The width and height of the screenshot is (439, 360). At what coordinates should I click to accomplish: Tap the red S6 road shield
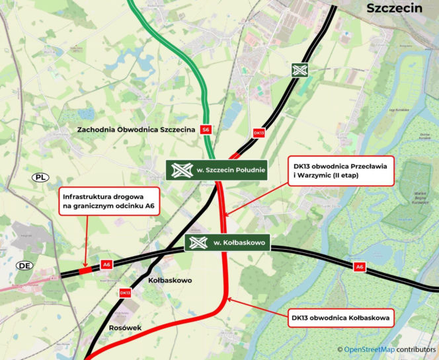pyautogui.click(x=206, y=129)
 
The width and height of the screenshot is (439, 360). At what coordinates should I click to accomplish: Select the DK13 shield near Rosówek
pyautogui.click(x=124, y=293)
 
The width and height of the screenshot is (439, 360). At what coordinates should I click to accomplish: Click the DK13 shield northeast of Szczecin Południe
pyautogui.click(x=259, y=133)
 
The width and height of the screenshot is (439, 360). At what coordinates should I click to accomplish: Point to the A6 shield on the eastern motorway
pyautogui.click(x=360, y=267)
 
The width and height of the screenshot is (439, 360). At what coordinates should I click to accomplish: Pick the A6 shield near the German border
pyautogui.click(x=106, y=265)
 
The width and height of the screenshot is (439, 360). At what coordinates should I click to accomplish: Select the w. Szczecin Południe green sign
pyautogui.click(x=216, y=170)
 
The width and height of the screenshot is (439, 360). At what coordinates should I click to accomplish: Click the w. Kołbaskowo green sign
pyautogui.click(x=228, y=243)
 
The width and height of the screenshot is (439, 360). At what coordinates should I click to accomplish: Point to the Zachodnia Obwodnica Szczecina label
pyautogui.click(x=136, y=129)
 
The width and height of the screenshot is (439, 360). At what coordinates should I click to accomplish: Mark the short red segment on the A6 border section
pyautogui.click(x=85, y=270)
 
